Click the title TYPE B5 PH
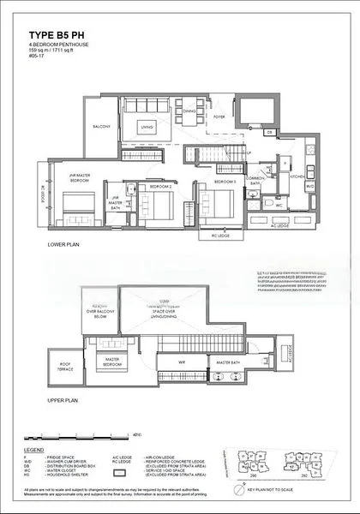click(62, 38)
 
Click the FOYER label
click(219, 118)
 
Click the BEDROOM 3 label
click(225, 182)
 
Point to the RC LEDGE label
click(219, 235)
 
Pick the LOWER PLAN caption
click(65, 245)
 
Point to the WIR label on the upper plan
click(182, 362)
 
